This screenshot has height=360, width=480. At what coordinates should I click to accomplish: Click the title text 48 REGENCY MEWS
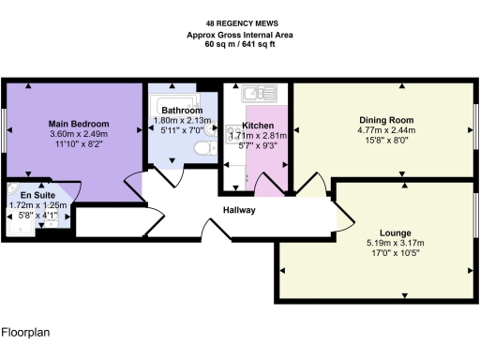tap(239, 24)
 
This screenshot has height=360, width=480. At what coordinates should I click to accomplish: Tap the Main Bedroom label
tap(79, 124)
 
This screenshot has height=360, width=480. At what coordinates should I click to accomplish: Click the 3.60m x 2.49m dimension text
tap(79, 134)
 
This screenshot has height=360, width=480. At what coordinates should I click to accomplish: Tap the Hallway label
tap(239, 210)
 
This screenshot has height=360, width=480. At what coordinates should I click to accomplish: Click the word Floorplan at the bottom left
tap(24, 332)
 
